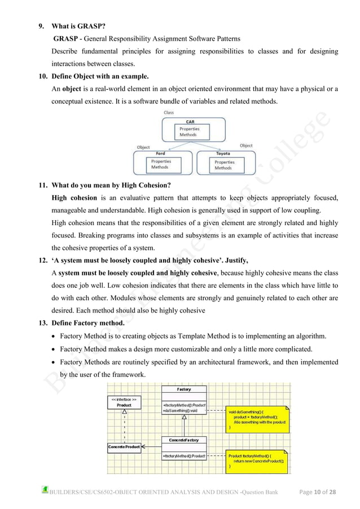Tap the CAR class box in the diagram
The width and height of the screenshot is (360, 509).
190,129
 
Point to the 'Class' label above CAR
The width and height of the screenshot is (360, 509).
169,112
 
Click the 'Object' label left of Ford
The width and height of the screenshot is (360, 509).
143,147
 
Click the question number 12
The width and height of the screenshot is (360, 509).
42,260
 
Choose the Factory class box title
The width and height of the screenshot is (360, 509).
183,389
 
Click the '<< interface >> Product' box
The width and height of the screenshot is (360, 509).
124,403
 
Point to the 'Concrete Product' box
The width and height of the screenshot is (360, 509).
124,447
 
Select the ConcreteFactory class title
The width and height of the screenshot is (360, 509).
183,439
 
